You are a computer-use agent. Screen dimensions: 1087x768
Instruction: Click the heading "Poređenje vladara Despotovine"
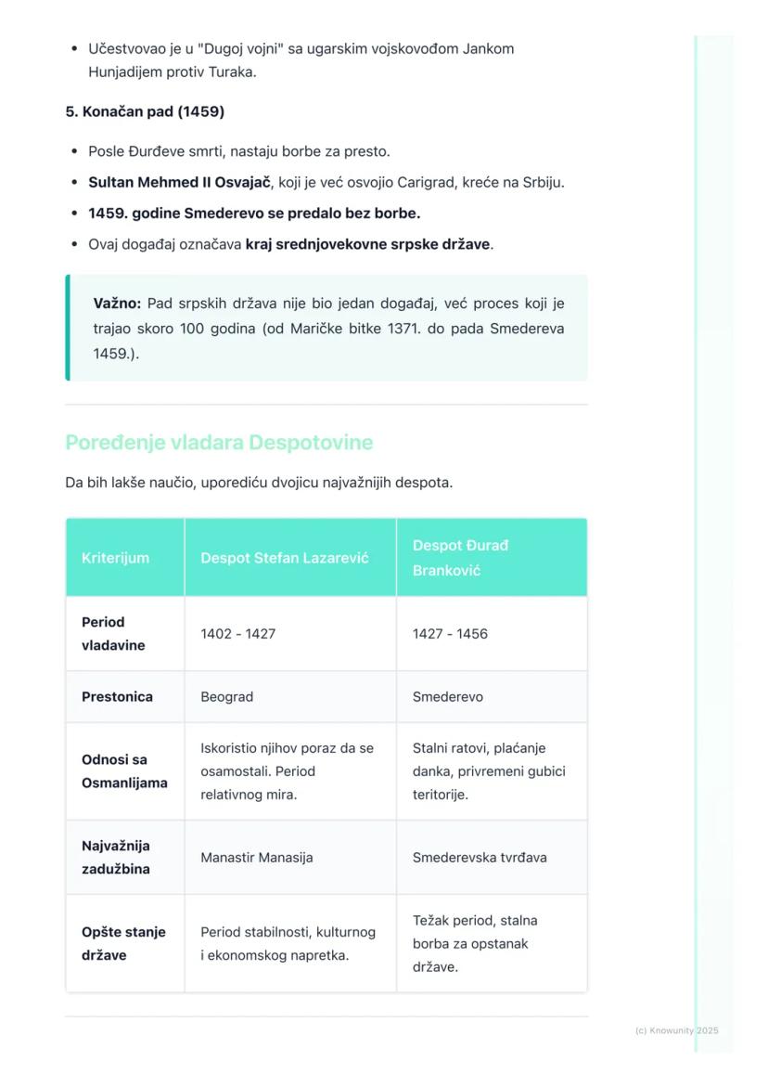tap(219, 443)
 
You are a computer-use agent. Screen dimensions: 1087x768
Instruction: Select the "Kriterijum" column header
tap(115, 558)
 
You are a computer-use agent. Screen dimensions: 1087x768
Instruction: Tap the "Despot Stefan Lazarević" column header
tap(284, 558)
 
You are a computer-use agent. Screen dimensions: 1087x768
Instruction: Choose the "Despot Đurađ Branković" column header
tap(461, 558)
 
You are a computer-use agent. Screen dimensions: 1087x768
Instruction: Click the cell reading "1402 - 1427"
tap(237, 634)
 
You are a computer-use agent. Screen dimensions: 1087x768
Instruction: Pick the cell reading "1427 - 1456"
tap(450, 634)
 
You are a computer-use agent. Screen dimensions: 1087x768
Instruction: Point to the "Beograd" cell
tap(226, 697)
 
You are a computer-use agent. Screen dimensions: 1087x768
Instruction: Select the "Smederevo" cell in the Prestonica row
tap(447, 697)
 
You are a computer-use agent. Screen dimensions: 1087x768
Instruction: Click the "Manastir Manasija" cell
tap(256, 858)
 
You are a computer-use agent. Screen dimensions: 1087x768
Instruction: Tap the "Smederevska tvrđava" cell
tap(480, 858)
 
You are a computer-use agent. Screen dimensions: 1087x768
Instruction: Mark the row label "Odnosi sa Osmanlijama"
tap(124, 771)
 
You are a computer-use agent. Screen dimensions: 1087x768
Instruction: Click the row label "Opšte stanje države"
tap(123, 943)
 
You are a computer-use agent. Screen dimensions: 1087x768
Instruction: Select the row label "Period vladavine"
tap(113, 634)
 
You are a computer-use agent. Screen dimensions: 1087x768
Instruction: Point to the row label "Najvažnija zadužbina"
tap(116, 858)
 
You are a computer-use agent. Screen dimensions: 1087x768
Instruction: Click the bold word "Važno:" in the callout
tap(117, 304)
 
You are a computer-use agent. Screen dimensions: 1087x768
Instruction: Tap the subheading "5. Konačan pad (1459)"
tap(145, 112)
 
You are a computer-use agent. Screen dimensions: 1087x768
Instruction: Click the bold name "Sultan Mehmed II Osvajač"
tap(179, 183)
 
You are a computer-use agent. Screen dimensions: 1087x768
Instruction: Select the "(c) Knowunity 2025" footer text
tap(676, 1030)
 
